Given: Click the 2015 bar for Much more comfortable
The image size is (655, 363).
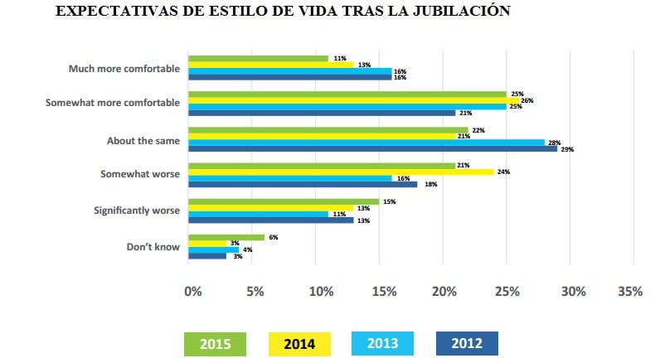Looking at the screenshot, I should [259, 58].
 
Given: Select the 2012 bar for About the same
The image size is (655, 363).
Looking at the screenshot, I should [373, 149].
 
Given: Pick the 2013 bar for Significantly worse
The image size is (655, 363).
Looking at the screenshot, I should [259, 213].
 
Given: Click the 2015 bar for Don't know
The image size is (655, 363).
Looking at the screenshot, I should [226, 236].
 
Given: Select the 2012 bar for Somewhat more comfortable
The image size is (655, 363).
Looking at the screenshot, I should [323, 113].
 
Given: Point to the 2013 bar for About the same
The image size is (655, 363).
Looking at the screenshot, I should [366, 142].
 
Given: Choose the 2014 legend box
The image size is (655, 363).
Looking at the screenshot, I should [300, 343].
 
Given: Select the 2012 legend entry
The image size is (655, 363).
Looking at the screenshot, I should [467, 343].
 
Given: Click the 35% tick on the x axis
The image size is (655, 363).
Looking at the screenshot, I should [630, 292].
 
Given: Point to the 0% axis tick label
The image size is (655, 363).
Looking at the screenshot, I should [192, 292].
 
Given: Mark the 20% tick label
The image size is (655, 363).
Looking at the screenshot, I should [444, 292].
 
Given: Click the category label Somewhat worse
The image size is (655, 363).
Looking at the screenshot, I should [139, 176].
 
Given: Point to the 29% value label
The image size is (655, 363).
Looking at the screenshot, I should [567, 150].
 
